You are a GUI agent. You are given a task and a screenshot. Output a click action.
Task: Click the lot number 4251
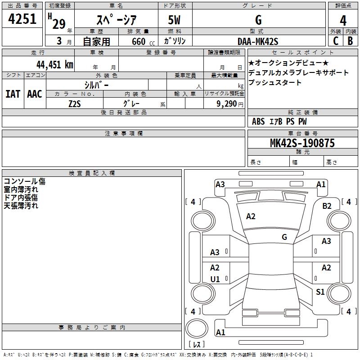click(x=22, y=20)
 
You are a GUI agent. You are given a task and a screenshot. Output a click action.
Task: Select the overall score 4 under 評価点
click(x=343, y=20)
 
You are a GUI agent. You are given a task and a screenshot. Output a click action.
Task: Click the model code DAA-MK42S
click(x=258, y=41)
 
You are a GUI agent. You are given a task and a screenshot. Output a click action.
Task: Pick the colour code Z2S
click(x=74, y=104)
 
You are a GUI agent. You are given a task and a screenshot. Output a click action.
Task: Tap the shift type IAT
click(x=13, y=94)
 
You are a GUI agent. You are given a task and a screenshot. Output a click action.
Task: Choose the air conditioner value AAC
click(x=35, y=94)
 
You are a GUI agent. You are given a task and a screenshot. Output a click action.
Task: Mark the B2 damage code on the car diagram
click(x=327, y=206)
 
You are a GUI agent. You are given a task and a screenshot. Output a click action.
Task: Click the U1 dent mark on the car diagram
click(x=215, y=279)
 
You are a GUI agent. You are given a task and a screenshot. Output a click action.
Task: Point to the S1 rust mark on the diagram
click(x=320, y=292)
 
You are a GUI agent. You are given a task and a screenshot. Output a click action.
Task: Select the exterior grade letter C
click(x=335, y=41)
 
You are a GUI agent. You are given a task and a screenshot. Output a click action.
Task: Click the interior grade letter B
click(x=351, y=41)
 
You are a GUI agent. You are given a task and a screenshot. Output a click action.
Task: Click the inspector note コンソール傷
click(x=24, y=181)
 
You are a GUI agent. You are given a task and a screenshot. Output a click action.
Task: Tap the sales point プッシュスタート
click(x=275, y=82)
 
